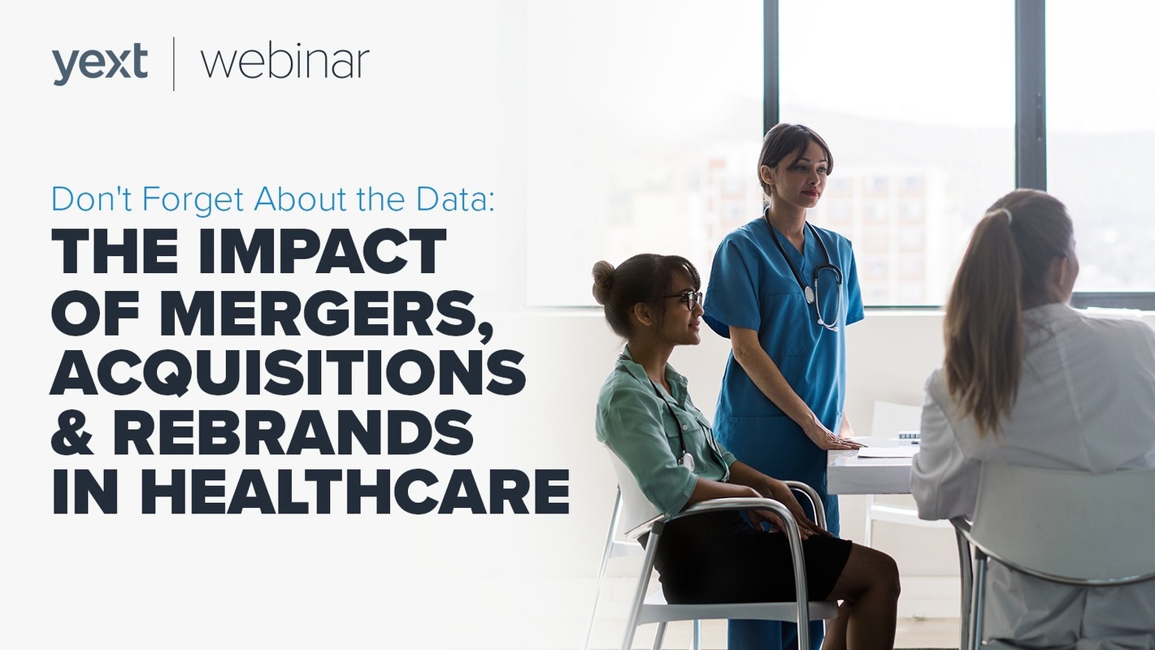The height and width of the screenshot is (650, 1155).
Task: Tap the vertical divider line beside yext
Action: point(173,64)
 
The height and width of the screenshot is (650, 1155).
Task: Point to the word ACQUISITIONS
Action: point(288,371)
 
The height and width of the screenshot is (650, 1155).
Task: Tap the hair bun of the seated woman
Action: point(604,275)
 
